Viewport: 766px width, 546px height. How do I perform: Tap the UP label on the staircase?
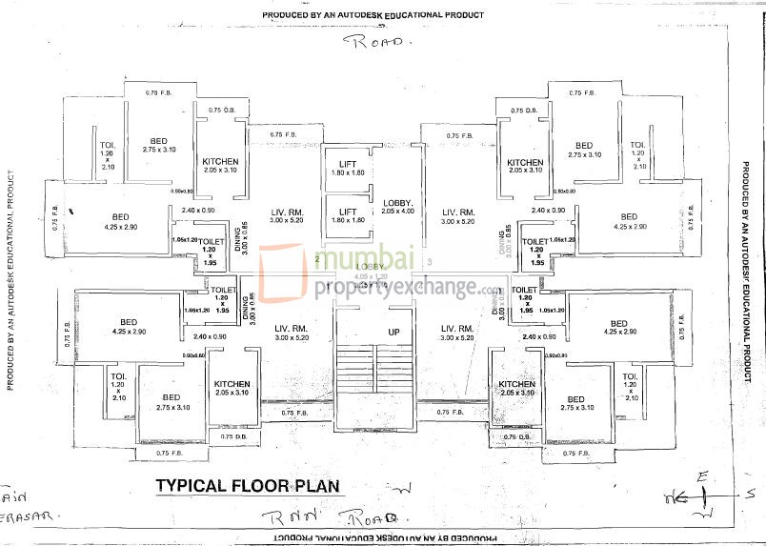[x=393, y=332]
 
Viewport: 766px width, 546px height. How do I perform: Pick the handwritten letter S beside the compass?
[x=749, y=493]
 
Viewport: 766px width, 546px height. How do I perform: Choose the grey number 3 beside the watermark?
[x=431, y=261]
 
